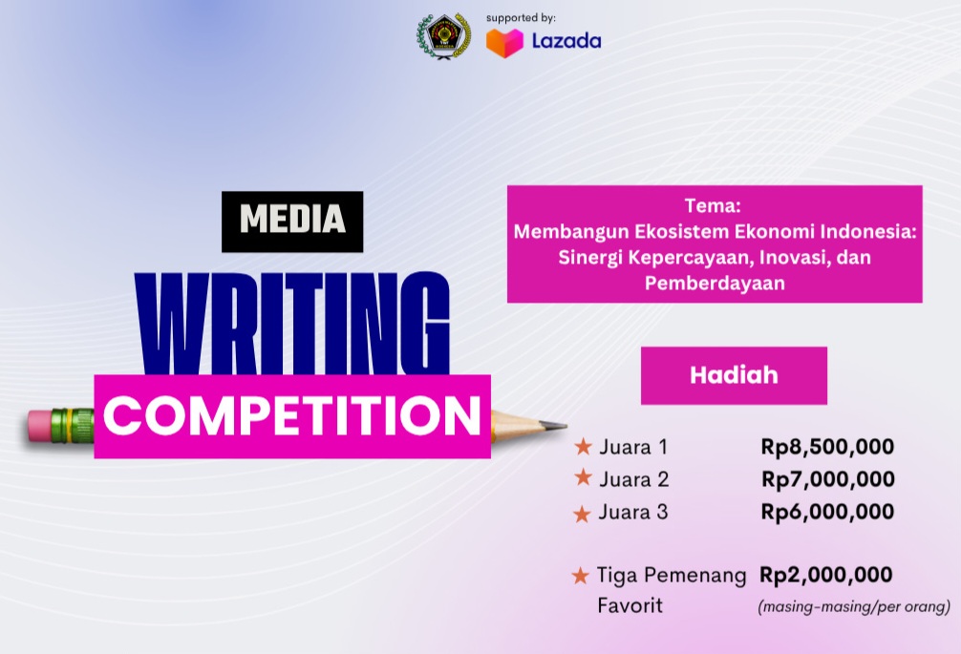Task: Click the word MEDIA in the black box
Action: (292, 221)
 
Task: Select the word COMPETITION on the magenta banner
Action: (292, 416)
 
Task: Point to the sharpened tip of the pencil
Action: (562, 426)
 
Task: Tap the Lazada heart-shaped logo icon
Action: (504, 42)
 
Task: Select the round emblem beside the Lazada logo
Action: (443, 36)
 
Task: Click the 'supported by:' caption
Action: (521, 17)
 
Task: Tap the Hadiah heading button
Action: (734, 375)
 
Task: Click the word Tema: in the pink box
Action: (714, 205)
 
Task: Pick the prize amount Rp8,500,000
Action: (827, 446)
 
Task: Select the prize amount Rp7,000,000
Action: (827, 478)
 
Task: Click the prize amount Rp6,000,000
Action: (827, 512)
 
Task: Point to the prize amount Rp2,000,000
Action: (826, 575)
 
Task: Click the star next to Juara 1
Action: (583, 447)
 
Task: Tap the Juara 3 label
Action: (633, 512)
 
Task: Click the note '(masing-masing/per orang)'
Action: (854, 606)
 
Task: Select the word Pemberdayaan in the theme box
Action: (714, 284)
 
